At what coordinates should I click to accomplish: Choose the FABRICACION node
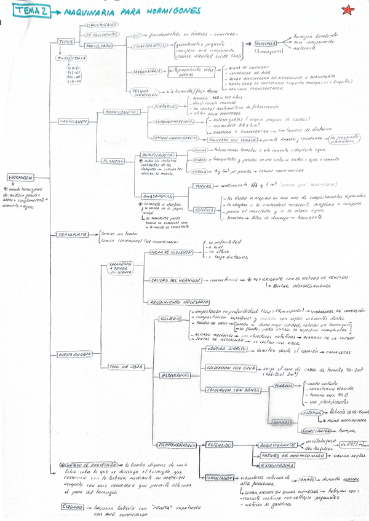73,121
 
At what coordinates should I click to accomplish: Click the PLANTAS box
113,161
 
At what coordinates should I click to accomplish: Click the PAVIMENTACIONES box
177,444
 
